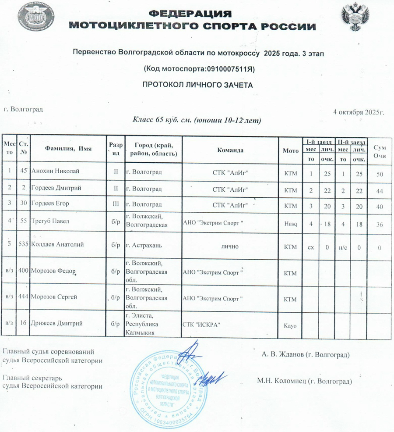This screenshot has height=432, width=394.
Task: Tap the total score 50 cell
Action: coord(379,175)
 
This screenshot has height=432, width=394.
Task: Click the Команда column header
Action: coord(230,150)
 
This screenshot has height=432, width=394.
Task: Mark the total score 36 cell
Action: coord(379,225)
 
